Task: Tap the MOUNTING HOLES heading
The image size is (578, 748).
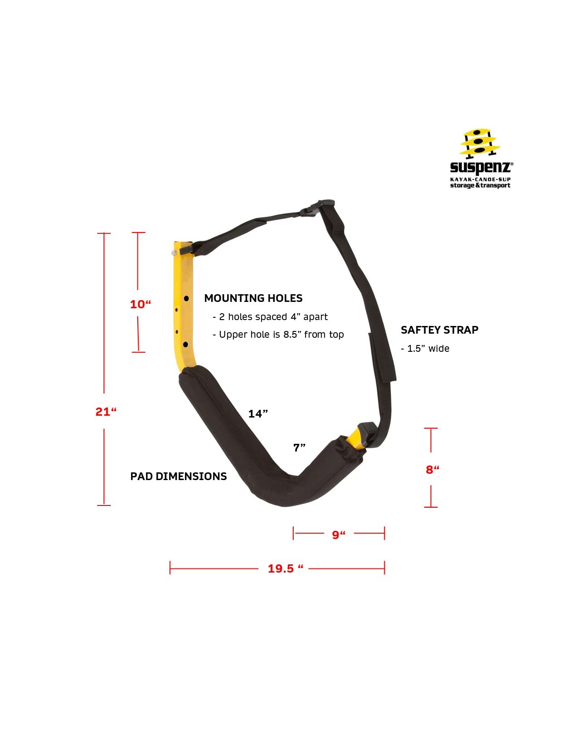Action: click(253, 298)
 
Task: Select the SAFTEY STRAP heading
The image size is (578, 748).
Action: click(439, 330)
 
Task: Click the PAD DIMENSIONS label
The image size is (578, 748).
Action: click(178, 476)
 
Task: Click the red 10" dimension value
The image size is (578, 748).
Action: click(140, 304)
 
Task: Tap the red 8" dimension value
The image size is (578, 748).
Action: click(432, 470)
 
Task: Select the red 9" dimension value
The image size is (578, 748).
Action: click(339, 535)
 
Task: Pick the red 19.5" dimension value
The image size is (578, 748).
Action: click(285, 568)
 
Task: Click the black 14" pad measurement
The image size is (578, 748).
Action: click(258, 414)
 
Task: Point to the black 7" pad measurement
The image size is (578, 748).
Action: click(299, 448)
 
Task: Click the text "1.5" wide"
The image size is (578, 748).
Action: click(425, 349)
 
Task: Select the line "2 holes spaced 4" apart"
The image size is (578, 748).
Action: click(270, 317)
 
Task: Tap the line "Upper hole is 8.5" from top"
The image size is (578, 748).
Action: click(278, 335)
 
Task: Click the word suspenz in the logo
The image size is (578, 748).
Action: click(481, 167)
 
